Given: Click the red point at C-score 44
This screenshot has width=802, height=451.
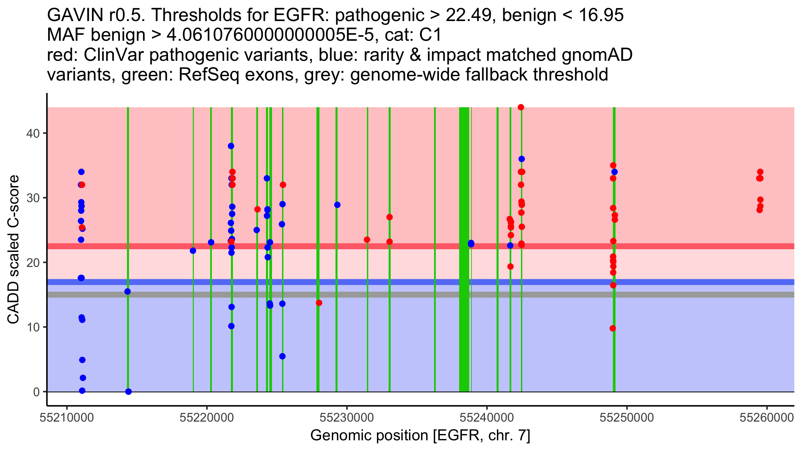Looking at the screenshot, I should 521,107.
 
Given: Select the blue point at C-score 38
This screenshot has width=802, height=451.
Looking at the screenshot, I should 231,146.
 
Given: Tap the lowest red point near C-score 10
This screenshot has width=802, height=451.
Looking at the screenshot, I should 613,328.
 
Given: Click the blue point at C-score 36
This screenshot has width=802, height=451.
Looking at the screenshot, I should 522,159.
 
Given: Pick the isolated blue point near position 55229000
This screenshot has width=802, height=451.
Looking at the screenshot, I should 337,205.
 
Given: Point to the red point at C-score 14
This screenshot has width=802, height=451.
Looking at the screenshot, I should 319,303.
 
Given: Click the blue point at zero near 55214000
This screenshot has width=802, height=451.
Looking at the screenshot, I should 128,392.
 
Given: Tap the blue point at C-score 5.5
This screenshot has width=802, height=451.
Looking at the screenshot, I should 282,356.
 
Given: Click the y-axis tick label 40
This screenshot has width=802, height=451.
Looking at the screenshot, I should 32,133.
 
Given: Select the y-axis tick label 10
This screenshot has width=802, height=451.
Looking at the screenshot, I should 32,327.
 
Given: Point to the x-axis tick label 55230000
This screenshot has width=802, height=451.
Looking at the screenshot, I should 347,418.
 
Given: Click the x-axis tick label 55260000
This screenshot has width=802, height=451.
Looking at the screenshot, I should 767,418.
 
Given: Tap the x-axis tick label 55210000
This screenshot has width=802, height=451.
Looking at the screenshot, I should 67,418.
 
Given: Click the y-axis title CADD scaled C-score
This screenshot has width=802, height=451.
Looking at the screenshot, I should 13,250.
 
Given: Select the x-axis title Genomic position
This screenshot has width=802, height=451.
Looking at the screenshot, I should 420,436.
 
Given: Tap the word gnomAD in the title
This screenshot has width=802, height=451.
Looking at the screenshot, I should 597,55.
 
